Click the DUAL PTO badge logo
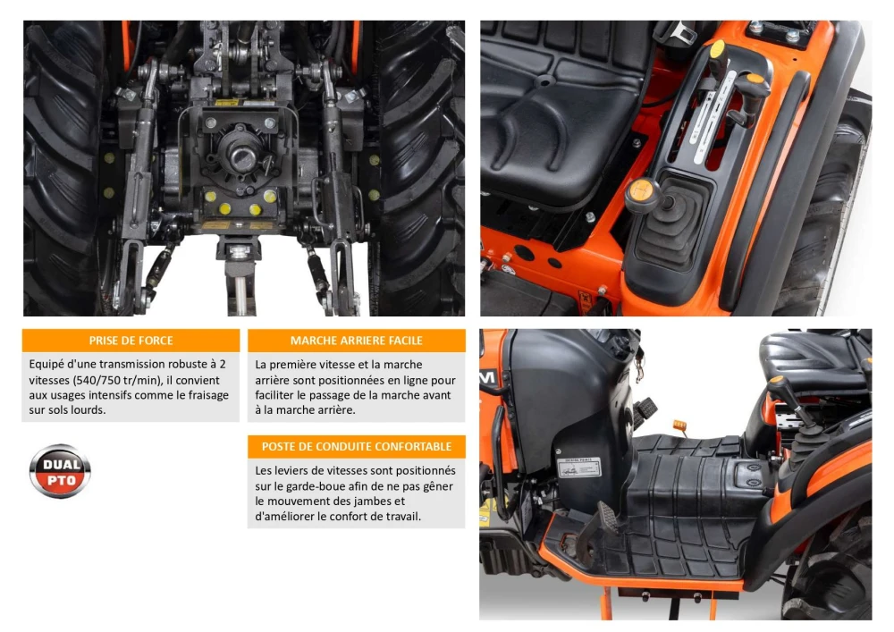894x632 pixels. pyautogui.click(x=60, y=471)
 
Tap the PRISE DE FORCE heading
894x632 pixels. pyautogui.click(x=131, y=341)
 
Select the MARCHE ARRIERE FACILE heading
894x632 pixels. pyautogui.click(x=357, y=341)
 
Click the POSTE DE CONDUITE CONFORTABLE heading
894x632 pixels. pyautogui.click(x=357, y=447)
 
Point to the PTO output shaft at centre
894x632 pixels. pyautogui.click(x=242, y=155)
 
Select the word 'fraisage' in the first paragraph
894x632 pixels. pyautogui.click(x=208, y=395)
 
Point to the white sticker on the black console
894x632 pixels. pyautogui.click(x=578, y=468)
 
